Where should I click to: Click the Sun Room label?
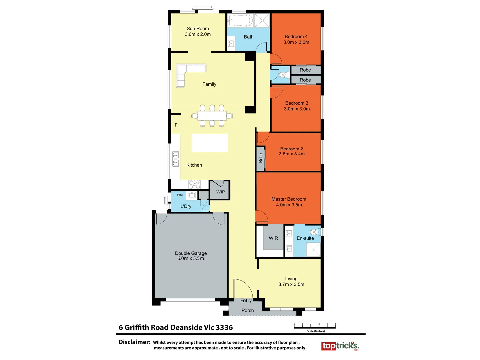[198, 29]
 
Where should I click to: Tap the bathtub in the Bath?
[240, 21]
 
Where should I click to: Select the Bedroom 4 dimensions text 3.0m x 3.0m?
[296, 42]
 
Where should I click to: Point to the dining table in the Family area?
[212, 116]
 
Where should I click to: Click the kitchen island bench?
[210, 143]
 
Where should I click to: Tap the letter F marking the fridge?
[176, 125]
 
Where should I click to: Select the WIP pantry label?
[220, 192]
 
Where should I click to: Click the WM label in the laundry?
[180, 195]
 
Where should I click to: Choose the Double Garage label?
[191, 253]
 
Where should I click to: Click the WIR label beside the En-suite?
[273, 238]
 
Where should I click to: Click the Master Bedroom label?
[289, 199]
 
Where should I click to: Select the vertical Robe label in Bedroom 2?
[261, 158]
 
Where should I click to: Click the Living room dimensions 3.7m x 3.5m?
[291, 284]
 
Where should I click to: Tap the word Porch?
[248, 310]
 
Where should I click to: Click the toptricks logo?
[340, 346]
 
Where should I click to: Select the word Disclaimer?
[134, 342]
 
